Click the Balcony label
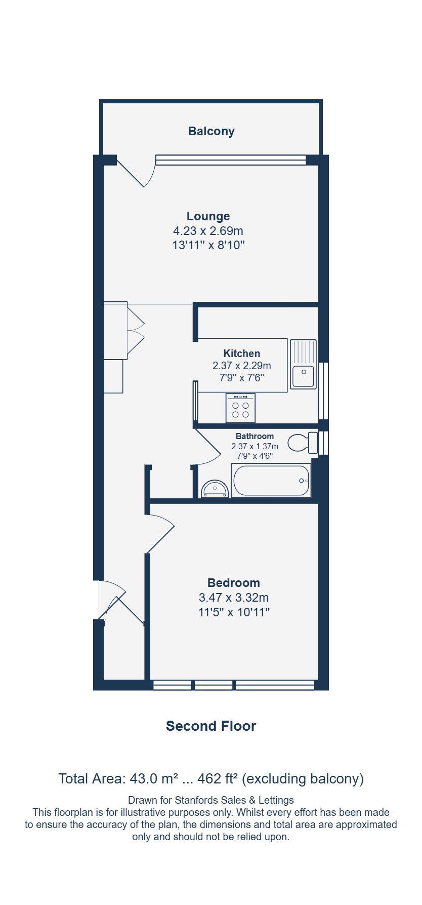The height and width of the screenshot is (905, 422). pos(211,131)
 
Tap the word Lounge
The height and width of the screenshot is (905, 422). pos(208,216)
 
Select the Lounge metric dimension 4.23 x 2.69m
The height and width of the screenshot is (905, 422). pos(208,231)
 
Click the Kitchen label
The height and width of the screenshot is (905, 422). pos(242,353)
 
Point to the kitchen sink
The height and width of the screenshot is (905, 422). pos(303,364)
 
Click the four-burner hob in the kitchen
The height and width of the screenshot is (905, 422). pos(240,408)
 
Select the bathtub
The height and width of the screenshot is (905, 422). pos(271,481)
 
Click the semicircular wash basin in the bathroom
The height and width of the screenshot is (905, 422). pos(215,489)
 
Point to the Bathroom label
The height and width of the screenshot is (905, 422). pos(255,436)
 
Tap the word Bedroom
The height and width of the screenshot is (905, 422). pos(234,583)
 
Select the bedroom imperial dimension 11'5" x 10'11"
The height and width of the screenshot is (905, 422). pos(234,612)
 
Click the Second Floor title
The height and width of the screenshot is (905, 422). pos(211,726)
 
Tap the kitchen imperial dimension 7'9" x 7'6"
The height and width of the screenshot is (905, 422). pos(242,378)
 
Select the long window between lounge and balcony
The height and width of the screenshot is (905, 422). pos(231,160)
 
